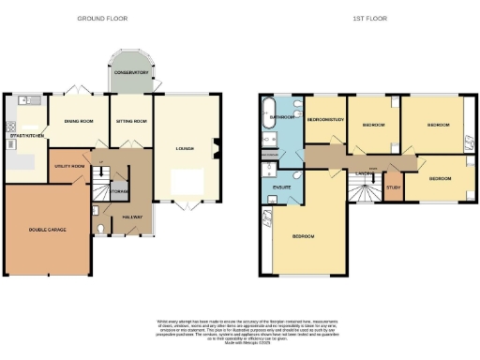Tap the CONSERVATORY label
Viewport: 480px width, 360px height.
(130, 73)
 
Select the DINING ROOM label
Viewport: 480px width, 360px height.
(79, 121)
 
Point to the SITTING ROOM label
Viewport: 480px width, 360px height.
(130, 121)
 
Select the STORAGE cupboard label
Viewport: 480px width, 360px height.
(120, 191)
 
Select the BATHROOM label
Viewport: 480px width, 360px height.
(284, 117)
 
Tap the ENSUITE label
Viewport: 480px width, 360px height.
(280, 187)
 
